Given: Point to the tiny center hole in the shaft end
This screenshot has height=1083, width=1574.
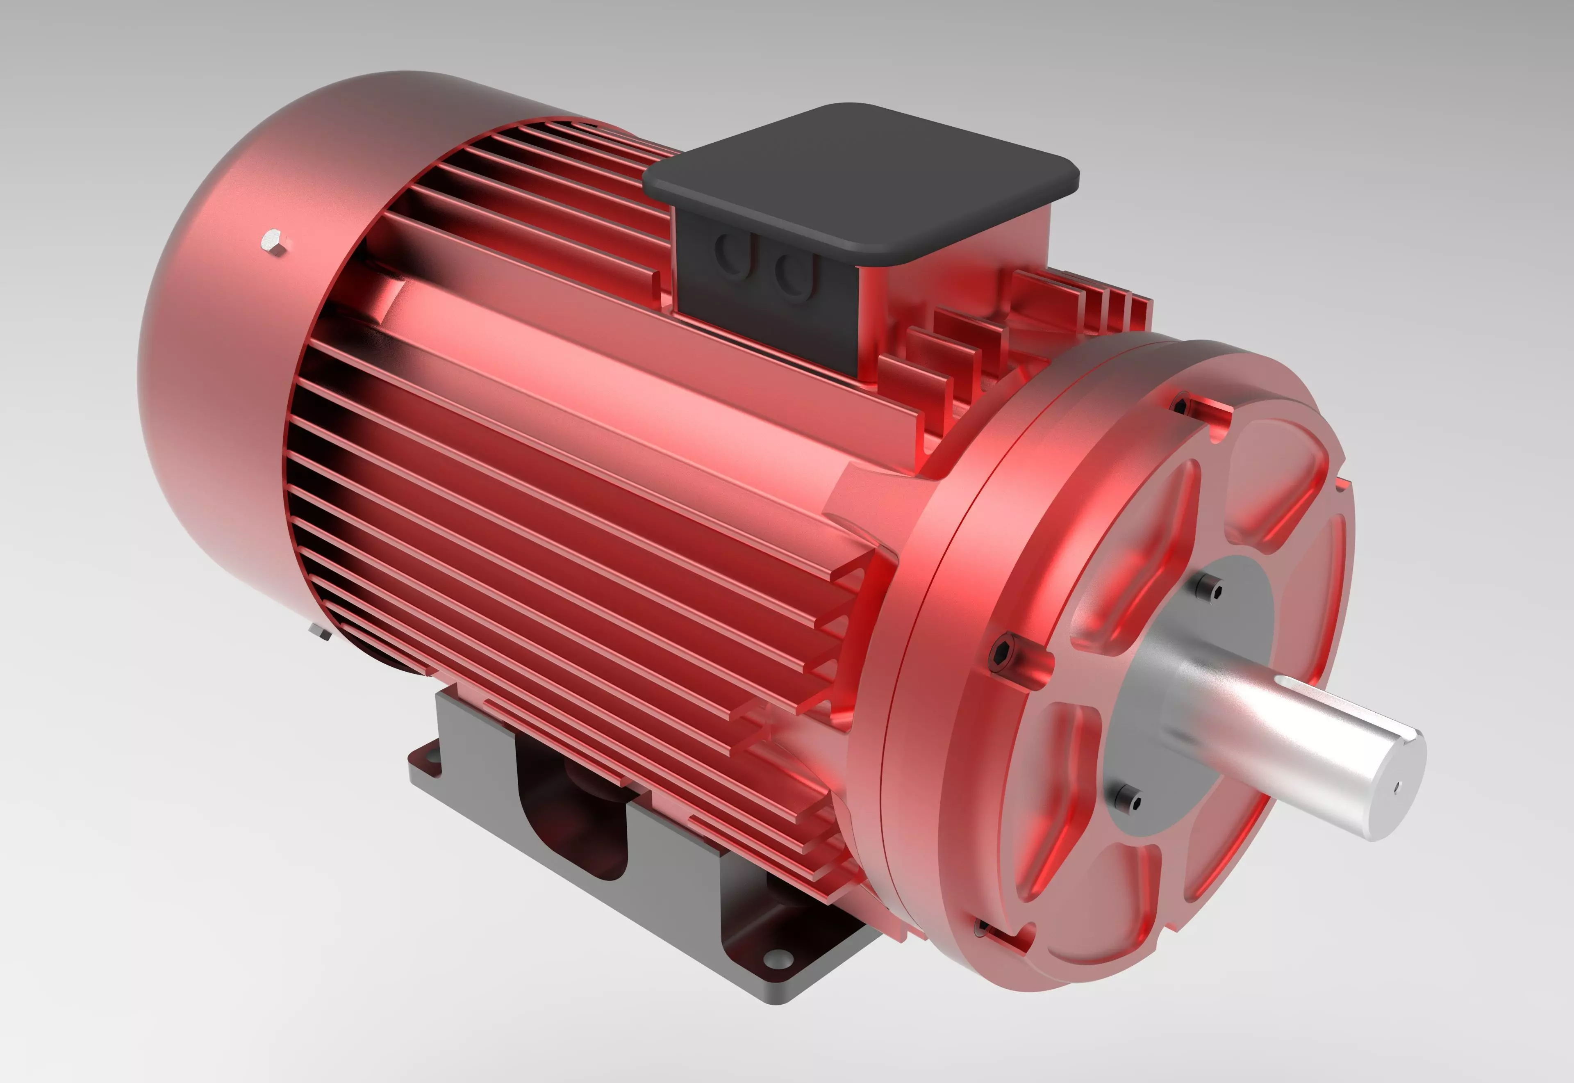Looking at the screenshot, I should (1397, 788).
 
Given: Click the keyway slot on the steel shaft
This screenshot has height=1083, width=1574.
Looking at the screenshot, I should (1349, 706).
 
